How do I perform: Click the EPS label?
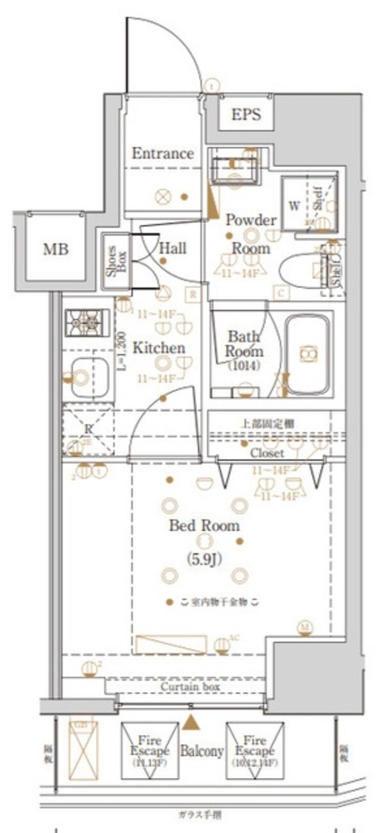(x=246, y=115)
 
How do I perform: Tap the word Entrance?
(x=163, y=154)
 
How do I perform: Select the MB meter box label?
(x=56, y=249)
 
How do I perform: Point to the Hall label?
(x=173, y=247)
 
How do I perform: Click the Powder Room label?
(x=251, y=234)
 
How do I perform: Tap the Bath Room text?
(x=243, y=343)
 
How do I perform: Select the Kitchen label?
(x=159, y=348)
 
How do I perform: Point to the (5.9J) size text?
(x=204, y=558)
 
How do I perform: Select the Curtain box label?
(x=189, y=687)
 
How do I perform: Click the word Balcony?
(x=202, y=751)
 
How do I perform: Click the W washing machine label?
(x=294, y=206)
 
